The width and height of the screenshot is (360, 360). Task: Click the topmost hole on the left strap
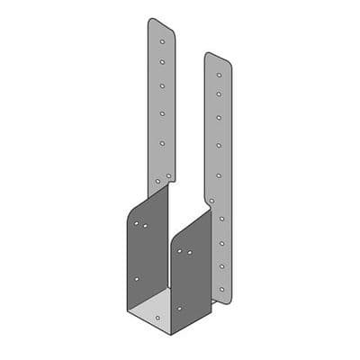162,40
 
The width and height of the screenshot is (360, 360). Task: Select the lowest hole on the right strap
221,289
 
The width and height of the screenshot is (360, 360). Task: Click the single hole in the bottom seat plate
158,317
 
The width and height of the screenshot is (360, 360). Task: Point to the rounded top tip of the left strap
155,20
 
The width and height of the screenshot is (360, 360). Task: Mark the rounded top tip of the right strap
212,54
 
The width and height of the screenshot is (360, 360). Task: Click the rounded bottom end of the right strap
220,301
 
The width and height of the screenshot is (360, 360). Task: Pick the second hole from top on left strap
162,63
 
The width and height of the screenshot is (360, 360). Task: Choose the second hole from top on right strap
219,94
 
